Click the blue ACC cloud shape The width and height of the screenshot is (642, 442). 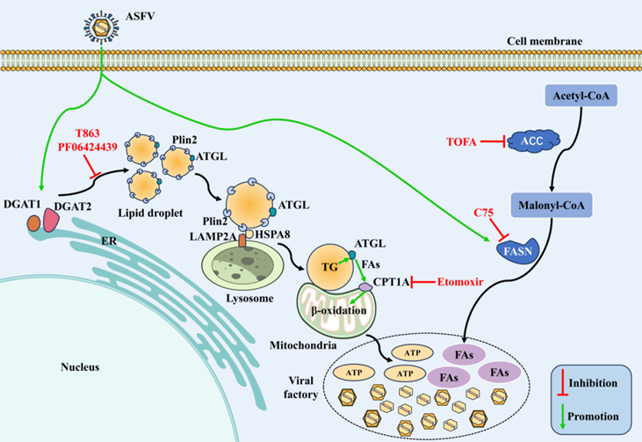pyautogui.click(x=531, y=141)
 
